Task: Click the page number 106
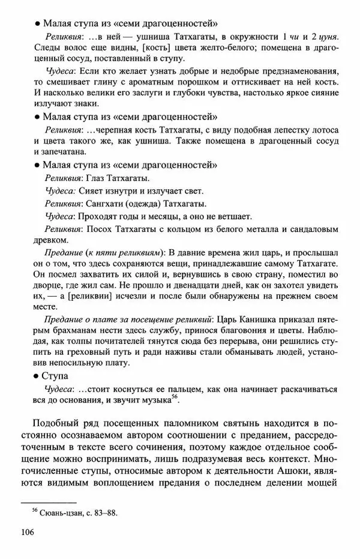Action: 28,533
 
